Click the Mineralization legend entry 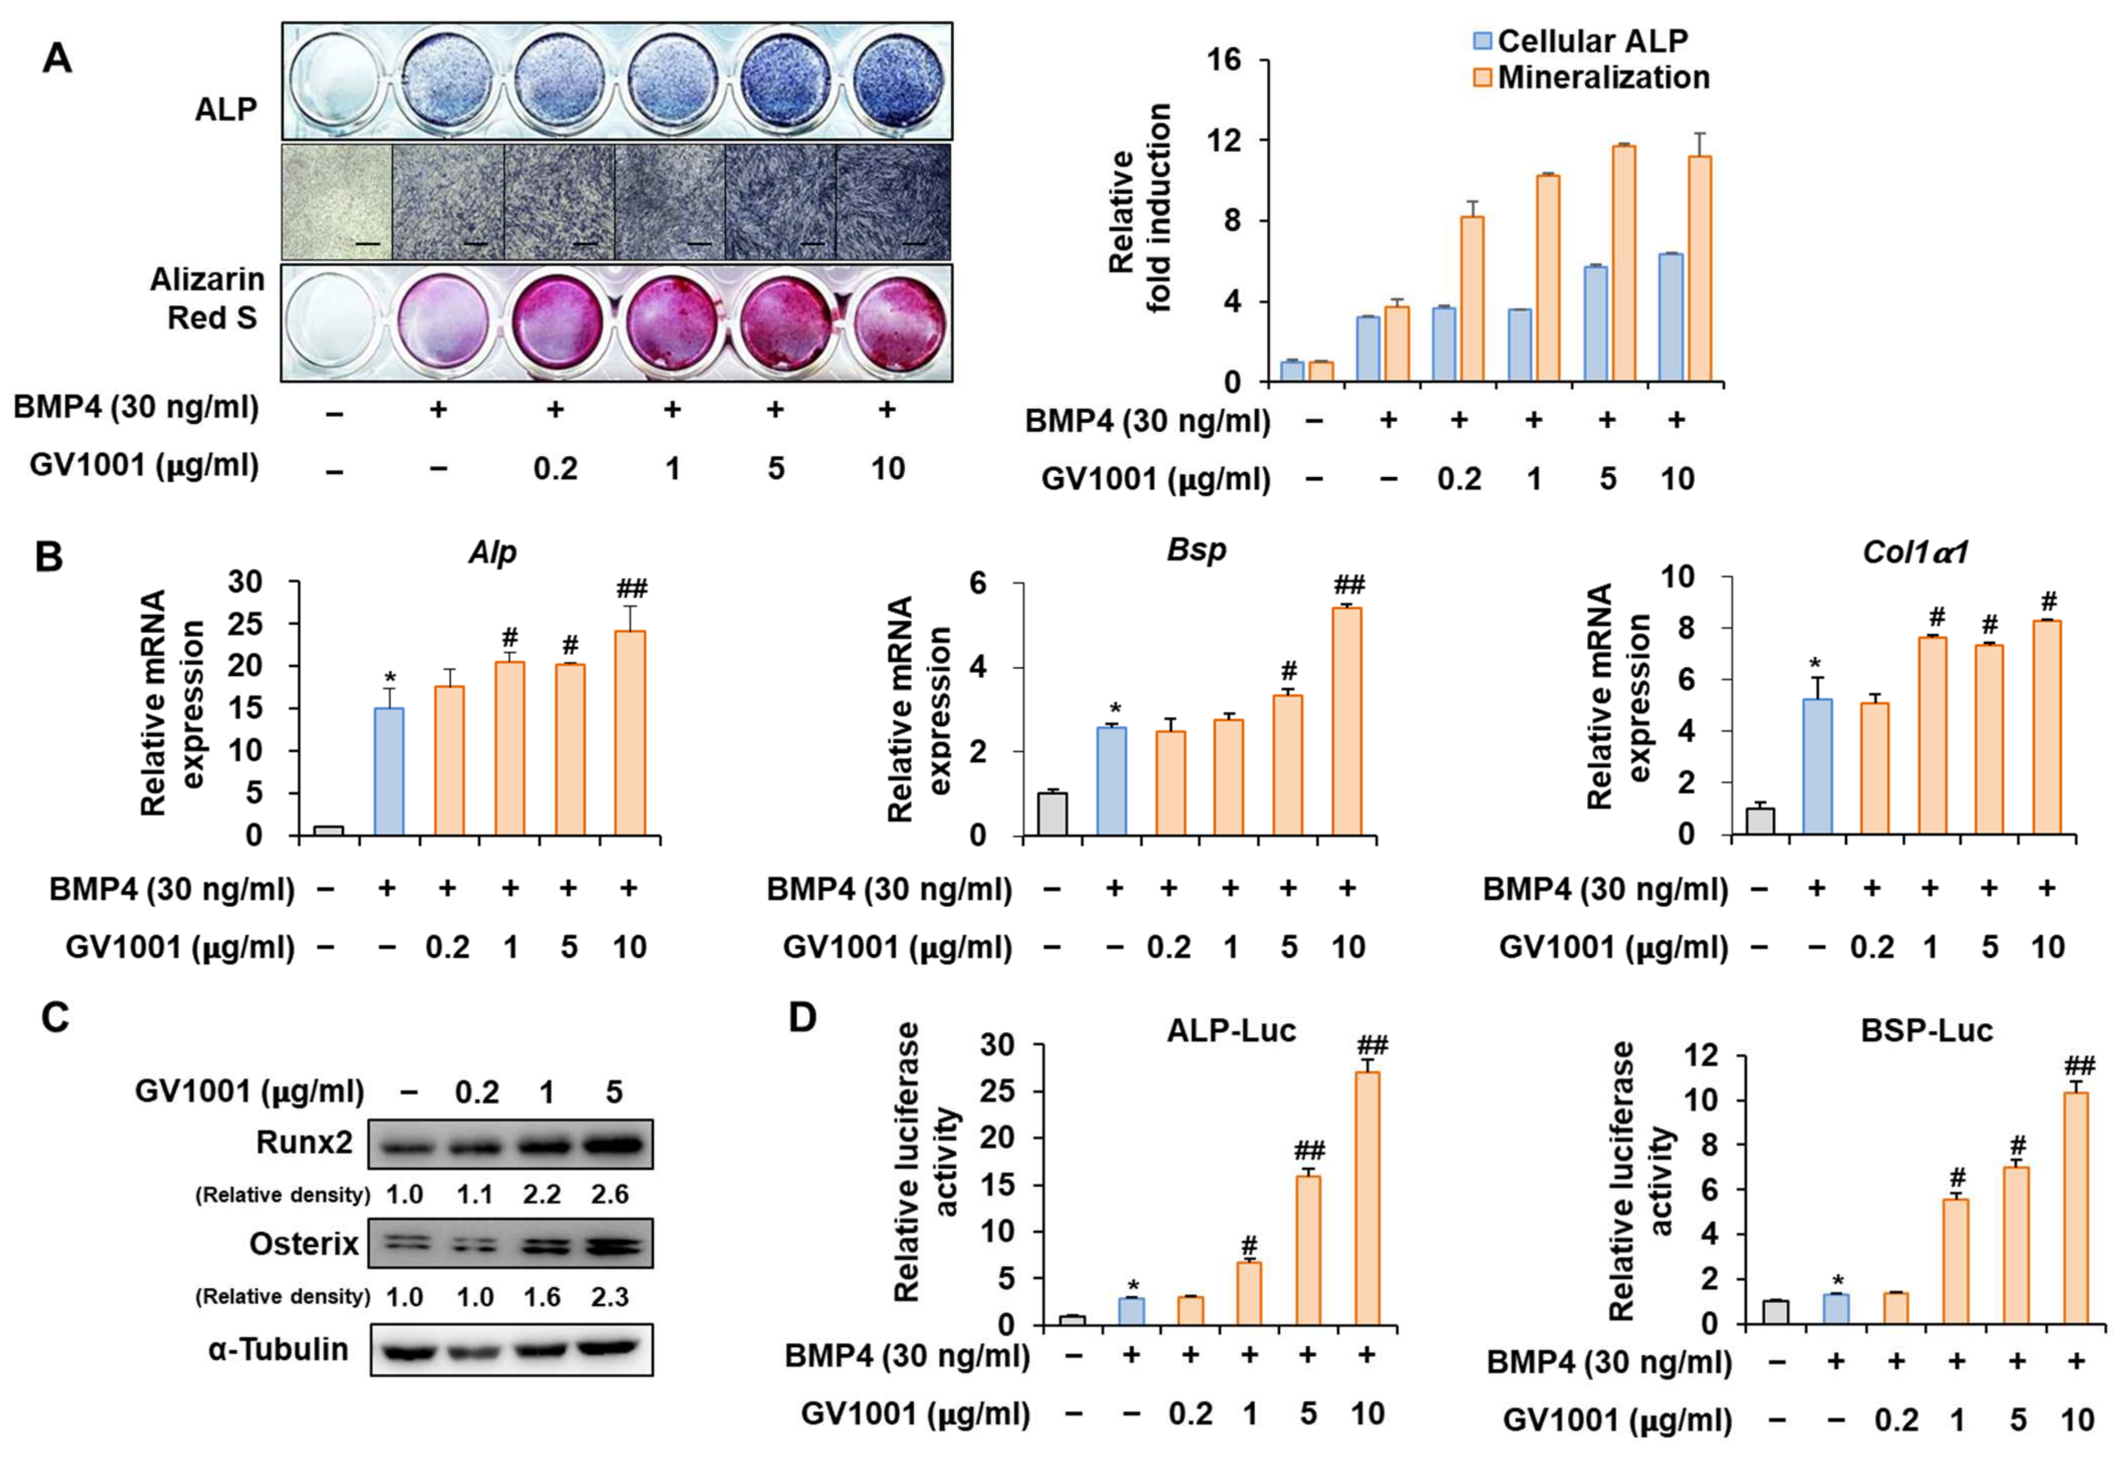(x=1603, y=78)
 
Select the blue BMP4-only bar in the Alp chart (x=390, y=771)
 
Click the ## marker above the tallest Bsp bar (x=1349, y=585)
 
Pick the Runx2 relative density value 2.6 (x=609, y=1194)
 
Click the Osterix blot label (x=304, y=1243)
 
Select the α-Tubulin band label (x=279, y=1349)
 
